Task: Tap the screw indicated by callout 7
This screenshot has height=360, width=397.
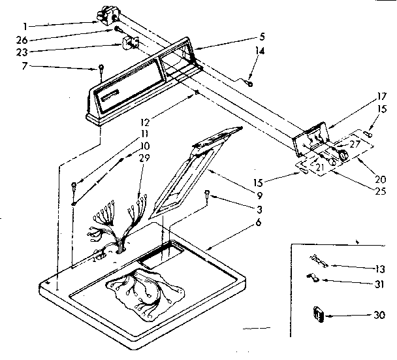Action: [101, 68]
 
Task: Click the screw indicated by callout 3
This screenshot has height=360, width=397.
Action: [207, 193]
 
